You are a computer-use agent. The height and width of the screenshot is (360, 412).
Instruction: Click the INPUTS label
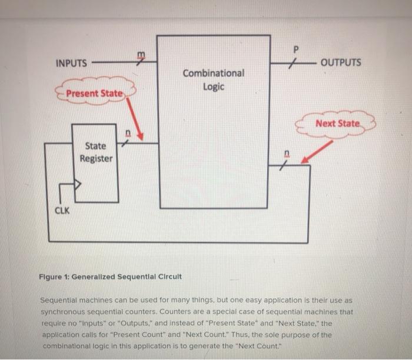click(x=71, y=63)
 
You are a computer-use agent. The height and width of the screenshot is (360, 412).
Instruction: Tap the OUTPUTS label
click(x=341, y=62)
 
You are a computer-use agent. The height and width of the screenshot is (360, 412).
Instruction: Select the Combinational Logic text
click(x=213, y=80)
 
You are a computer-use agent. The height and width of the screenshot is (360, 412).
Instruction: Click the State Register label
click(x=95, y=152)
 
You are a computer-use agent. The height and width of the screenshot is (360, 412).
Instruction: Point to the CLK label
click(x=62, y=210)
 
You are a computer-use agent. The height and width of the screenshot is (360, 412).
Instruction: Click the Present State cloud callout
click(x=95, y=94)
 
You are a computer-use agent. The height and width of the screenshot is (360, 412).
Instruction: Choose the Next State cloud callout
click(x=337, y=124)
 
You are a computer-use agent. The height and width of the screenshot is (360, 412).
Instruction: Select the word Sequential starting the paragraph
click(x=64, y=299)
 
